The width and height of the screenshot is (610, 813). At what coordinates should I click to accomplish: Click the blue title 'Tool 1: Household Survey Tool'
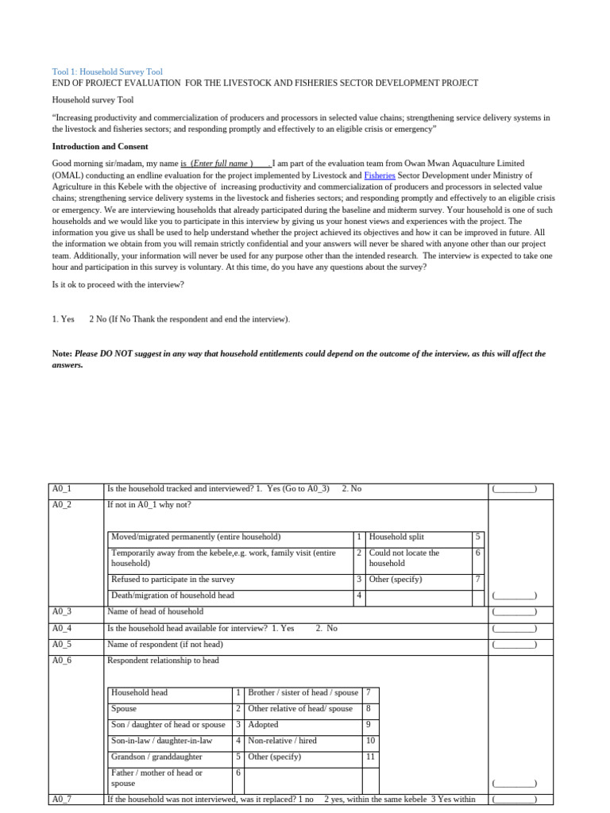pos(107,71)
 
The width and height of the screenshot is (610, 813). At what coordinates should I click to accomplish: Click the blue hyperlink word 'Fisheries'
pos(380,175)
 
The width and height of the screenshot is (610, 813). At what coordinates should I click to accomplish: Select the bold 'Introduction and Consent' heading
pos(100,146)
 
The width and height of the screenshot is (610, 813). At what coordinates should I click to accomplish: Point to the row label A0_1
pos(62,489)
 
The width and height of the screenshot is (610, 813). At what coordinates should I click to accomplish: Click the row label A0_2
pos(62,505)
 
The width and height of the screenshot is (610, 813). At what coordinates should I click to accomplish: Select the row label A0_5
pos(62,644)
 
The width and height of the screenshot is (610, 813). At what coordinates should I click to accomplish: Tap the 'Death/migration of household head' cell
pos(172,594)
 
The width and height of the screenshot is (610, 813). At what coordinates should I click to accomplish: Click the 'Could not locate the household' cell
pos(404,557)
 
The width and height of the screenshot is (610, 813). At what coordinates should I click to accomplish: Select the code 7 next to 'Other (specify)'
pos(477,579)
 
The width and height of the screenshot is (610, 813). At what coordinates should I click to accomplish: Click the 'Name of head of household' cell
pos(156,611)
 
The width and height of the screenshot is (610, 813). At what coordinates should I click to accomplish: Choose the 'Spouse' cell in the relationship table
pos(125,708)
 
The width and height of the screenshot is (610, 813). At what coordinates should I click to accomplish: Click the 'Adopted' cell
pos(264,724)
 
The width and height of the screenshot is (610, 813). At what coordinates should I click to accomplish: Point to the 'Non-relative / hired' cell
pos(283,740)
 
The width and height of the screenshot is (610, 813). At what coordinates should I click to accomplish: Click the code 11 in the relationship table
pos(370,757)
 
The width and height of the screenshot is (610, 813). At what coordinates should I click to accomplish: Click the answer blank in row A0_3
pos(514,612)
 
